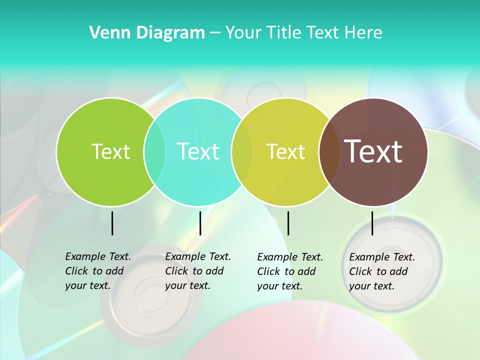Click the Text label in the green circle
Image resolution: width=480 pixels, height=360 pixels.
tap(110, 151)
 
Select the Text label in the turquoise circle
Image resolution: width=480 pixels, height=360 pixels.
tap(198, 151)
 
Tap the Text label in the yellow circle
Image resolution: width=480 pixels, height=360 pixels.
tap(286, 151)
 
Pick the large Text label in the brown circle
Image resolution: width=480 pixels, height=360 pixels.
tap(373, 151)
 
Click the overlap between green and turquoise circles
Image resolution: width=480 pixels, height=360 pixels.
tap(154, 151)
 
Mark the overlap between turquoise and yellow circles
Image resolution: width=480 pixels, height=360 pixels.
tap(242, 151)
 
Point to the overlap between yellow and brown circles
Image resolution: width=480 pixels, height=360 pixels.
tap(327, 151)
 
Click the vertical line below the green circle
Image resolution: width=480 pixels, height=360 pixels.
tap(112, 223)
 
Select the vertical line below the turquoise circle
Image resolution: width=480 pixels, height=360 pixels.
tap(200, 223)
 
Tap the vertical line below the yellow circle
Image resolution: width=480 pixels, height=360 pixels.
tap(288, 223)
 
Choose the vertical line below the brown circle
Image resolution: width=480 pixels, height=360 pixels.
tap(372, 223)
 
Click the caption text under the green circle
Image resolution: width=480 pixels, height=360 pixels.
tap(97, 271)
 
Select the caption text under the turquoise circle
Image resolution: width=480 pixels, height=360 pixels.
tap(197, 271)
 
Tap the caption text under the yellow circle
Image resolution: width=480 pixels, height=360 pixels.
tap(289, 271)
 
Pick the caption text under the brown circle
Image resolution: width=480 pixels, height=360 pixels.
tap(381, 271)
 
